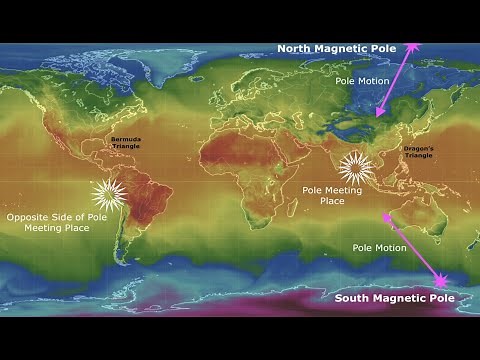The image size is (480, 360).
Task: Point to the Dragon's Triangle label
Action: click(x=419, y=151)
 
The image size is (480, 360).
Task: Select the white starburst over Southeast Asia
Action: click(x=356, y=168)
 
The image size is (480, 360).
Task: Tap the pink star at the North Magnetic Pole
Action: click(x=413, y=45)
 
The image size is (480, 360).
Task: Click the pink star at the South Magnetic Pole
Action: click(x=440, y=282)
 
